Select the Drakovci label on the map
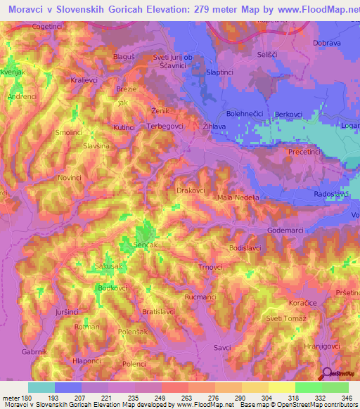pos(191,190)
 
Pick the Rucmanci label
pos(200,297)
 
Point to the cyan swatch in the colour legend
pos(41,387)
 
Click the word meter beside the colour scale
pos(12,398)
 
